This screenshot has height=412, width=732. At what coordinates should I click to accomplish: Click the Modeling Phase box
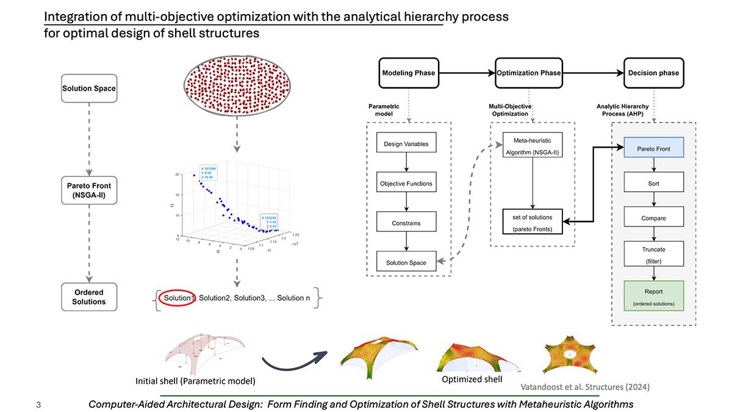coord(409,73)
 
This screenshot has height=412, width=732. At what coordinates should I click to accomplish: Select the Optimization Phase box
coord(529,73)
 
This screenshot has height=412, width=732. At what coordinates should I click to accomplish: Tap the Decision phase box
coord(653,73)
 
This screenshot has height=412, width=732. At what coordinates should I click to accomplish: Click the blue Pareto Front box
coord(654,148)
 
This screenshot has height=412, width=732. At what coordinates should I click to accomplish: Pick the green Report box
coord(654,296)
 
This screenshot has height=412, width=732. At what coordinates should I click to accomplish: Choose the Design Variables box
coord(406,145)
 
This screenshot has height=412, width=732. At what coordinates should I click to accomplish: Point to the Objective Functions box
coord(406,183)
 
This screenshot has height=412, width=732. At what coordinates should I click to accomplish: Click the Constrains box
coord(406,223)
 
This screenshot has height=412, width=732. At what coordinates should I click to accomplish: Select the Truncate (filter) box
coord(654,255)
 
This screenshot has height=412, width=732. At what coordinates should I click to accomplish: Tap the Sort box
coord(654,183)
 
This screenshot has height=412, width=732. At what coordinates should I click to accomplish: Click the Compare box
coord(654,218)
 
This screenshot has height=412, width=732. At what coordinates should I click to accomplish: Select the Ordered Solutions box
coord(89,297)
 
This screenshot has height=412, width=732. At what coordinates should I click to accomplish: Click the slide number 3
coord(38,404)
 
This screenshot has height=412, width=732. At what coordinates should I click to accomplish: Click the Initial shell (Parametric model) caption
coord(195,381)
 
